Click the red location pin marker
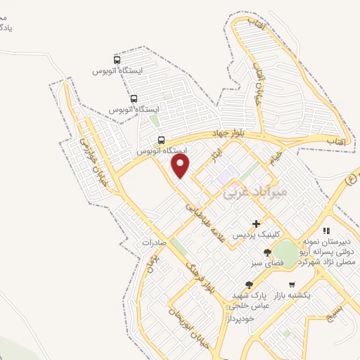181,166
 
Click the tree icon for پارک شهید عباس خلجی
249,285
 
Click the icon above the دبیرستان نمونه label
326,231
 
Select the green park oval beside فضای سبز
285,254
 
